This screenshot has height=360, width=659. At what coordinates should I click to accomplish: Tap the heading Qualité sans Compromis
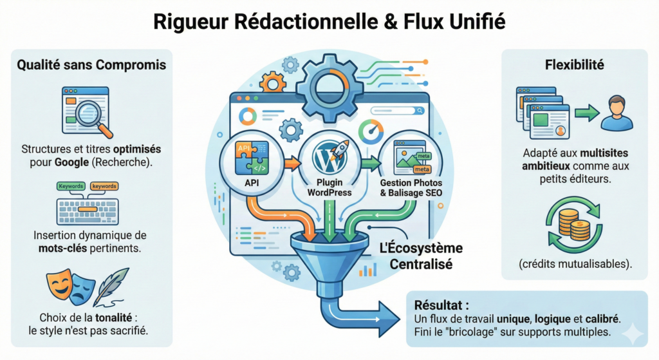tap(91, 65)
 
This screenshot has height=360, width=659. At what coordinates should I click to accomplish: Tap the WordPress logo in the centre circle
tap(326, 156)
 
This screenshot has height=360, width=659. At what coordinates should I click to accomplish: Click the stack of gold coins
tap(572, 222)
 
